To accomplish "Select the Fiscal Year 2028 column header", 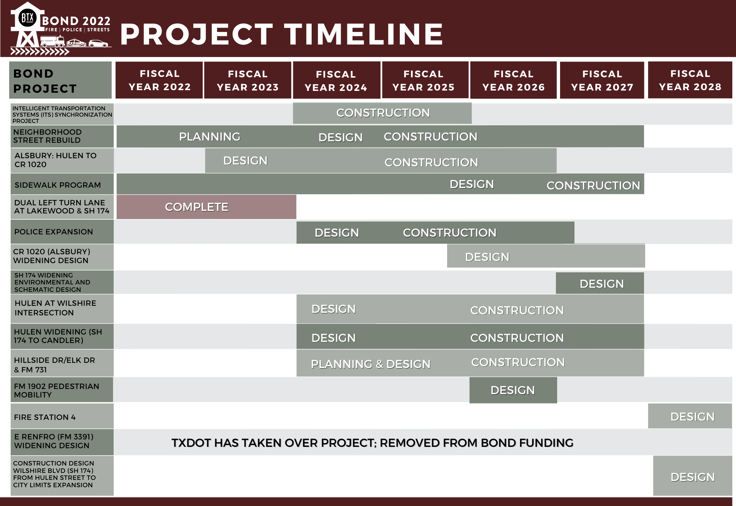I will click(690, 80).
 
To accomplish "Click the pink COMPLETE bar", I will click(206, 207).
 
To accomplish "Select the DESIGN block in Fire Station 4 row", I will click(690, 417).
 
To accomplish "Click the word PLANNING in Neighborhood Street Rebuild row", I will click(209, 137).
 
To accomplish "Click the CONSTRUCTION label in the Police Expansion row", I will click(449, 233).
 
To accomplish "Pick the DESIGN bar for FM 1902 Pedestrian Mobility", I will click(513, 390).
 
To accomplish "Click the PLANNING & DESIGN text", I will click(371, 364).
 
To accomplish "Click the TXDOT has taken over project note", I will click(372, 443).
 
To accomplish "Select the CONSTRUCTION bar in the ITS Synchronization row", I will click(383, 113).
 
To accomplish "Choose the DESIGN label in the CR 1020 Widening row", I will click(487, 257).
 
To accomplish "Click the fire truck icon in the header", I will click(52, 41).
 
